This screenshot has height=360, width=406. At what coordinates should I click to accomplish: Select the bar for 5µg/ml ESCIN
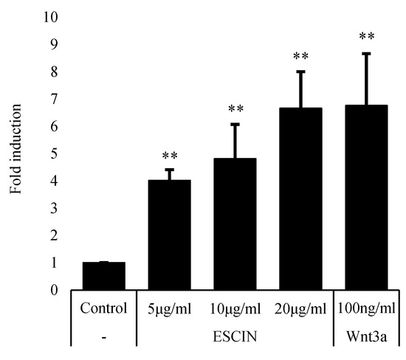[170, 235]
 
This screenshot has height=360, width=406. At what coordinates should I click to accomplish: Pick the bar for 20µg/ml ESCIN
[301, 198]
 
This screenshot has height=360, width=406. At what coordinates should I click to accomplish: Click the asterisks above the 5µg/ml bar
[170, 157]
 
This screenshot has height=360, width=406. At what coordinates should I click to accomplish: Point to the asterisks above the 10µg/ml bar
[235, 111]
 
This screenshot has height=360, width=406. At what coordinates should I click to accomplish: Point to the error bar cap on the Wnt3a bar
[367, 53]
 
